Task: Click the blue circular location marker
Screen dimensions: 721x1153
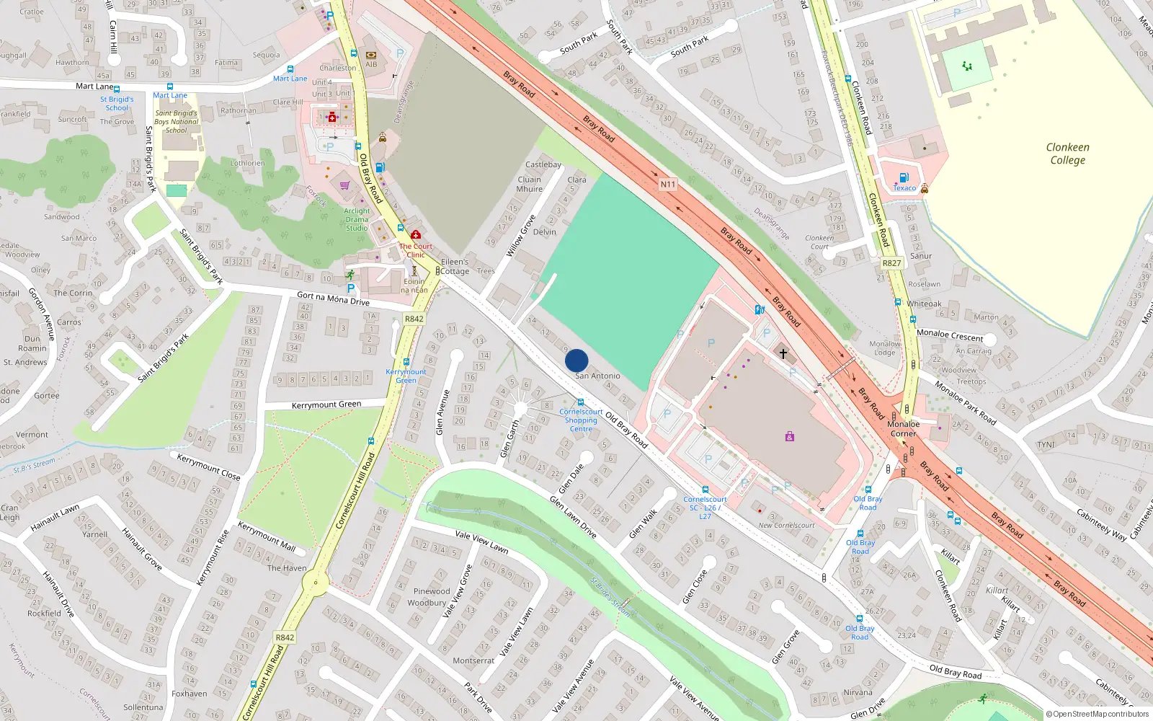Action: click(576, 360)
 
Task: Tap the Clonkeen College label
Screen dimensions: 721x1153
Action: click(1067, 154)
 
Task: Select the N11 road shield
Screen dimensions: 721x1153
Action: click(668, 185)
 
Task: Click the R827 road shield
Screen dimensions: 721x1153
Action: click(891, 263)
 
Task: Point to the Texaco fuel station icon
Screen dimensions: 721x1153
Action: click(904, 177)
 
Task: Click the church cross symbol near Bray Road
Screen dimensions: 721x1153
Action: click(783, 353)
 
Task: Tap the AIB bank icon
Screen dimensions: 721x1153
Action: click(371, 56)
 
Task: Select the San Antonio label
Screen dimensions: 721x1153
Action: click(597, 376)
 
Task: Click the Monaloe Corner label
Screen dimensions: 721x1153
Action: click(903, 429)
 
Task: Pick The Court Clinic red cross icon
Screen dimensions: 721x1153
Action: click(416, 235)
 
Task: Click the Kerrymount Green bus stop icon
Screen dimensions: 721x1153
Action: click(406, 362)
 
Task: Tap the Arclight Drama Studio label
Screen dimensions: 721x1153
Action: click(357, 219)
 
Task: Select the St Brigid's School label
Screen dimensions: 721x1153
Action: click(117, 103)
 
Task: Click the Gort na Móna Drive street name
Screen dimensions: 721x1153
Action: click(333, 298)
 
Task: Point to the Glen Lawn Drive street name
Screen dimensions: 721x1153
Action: click(573, 517)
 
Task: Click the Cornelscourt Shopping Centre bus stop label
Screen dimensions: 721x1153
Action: click(581, 420)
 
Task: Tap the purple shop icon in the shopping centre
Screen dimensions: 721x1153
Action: click(790, 437)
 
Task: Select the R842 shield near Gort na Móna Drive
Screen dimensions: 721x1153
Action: click(414, 319)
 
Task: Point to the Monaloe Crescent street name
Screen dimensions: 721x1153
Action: click(950, 335)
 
